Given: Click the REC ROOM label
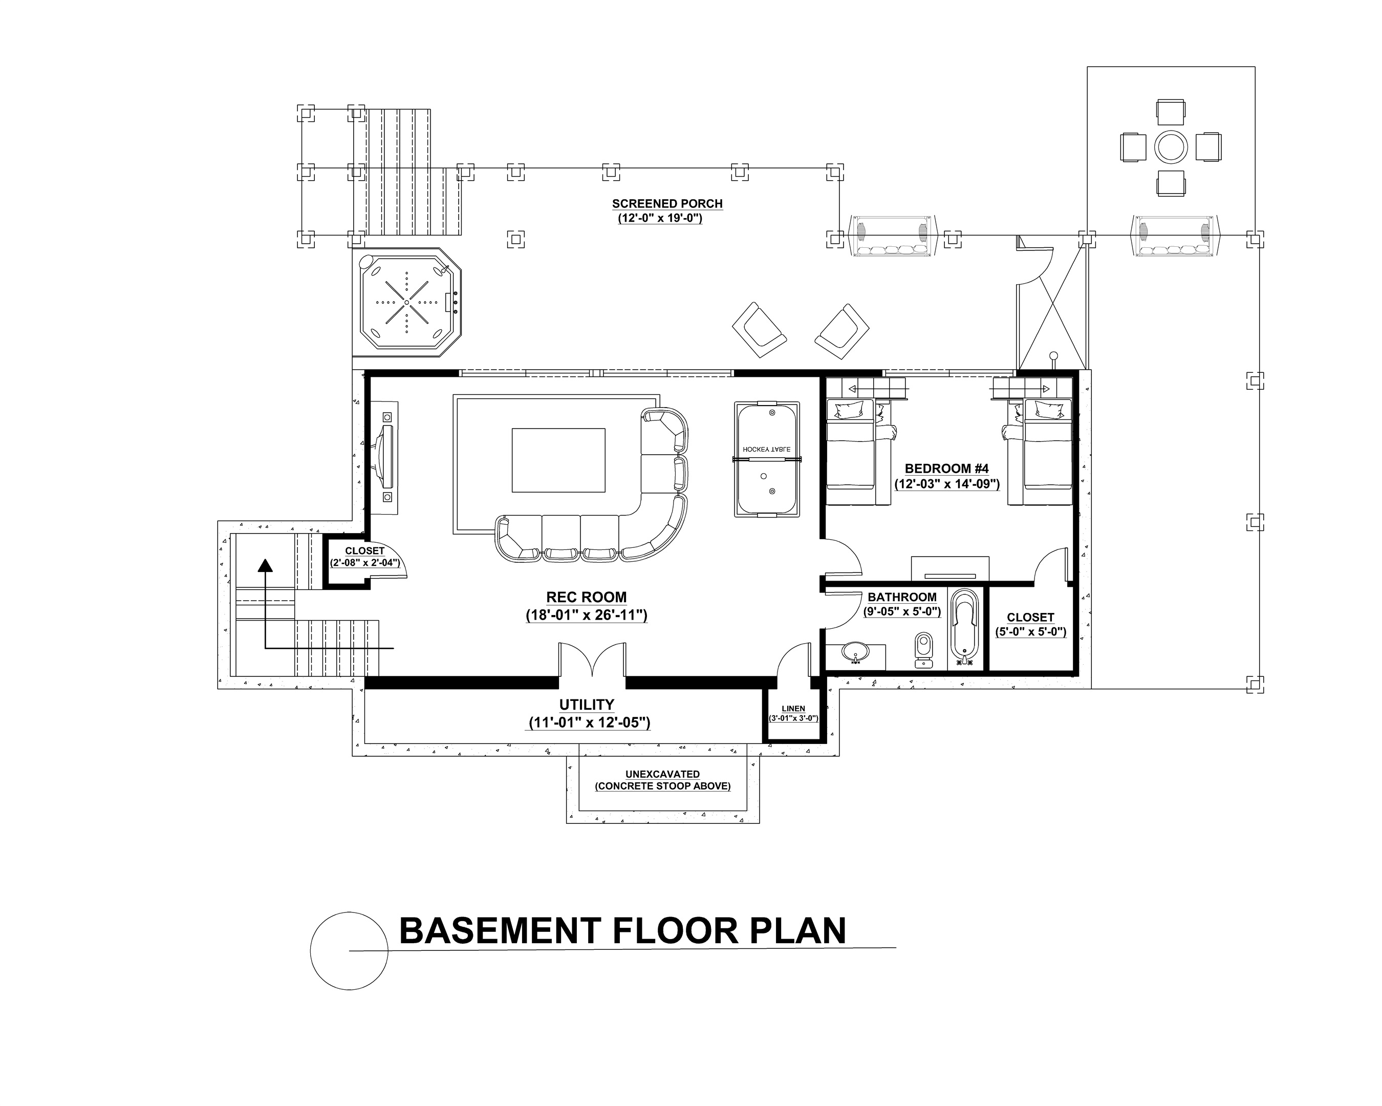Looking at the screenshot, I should pos(587,597).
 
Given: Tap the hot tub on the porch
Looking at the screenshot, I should pos(406,303).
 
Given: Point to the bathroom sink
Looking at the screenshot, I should pos(855,652).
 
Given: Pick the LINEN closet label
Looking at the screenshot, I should pos(793,709).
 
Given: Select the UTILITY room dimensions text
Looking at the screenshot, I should pos(589,722).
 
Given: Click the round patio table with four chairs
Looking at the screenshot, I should pos(1171,147).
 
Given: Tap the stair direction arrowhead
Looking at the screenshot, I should pos(265,564).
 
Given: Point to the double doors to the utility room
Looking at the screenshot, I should pos(592,661).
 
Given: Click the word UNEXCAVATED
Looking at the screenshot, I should pos(662,774).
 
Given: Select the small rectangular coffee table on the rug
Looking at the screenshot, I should pos(558,460).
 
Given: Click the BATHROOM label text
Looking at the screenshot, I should pos(902,597).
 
